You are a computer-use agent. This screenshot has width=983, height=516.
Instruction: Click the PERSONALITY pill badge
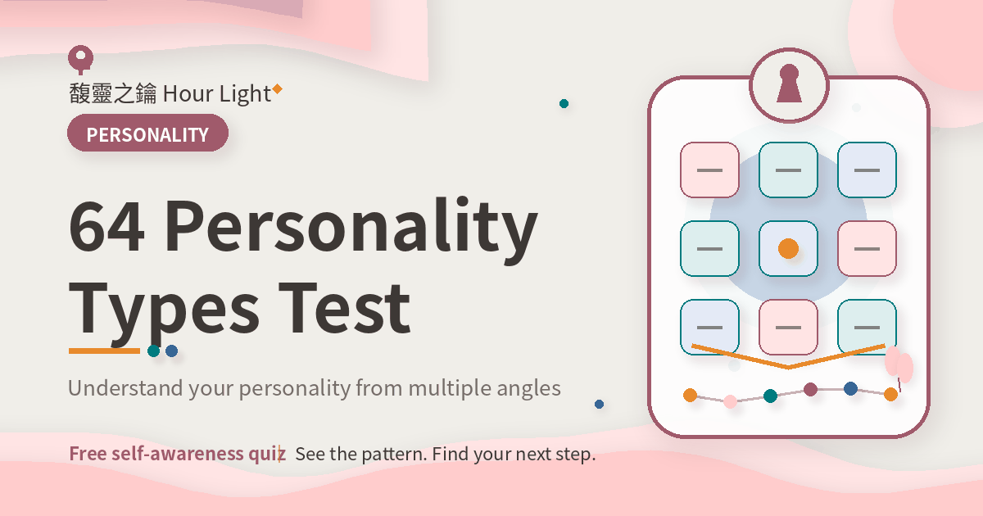coord(147,133)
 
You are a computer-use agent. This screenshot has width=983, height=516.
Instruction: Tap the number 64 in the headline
coord(106,227)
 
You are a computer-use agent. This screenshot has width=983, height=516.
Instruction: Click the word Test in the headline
coord(345,308)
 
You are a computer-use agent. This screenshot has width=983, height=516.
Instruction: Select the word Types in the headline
coord(164,315)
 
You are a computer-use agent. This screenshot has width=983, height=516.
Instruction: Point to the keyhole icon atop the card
coord(789,84)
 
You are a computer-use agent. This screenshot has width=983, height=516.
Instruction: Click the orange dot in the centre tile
coord(788,248)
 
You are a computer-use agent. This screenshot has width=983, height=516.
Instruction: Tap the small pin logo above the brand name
coord(81,59)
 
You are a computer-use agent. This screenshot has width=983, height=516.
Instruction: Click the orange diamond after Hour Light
coord(277,89)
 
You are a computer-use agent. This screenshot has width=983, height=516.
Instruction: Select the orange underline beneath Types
coord(105,351)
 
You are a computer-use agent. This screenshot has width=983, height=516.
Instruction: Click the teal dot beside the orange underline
coord(154,351)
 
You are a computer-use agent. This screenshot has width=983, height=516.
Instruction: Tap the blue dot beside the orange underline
coord(171,351)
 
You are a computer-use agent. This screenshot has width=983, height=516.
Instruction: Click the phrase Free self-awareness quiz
coord(177,454)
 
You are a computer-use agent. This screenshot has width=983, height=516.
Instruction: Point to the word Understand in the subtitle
coord(125,388)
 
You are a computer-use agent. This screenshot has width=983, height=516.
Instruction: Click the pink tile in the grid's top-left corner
coord(709,170)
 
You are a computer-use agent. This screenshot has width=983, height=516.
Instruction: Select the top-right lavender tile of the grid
coord(867,170)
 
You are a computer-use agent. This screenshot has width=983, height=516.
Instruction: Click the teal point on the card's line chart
coord(770,396)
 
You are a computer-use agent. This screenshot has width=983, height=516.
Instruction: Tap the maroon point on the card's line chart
coord(810,389)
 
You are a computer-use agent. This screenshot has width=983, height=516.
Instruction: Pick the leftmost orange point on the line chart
coord(691,395)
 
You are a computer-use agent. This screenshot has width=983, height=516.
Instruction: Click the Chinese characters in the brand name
coord(113,93)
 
